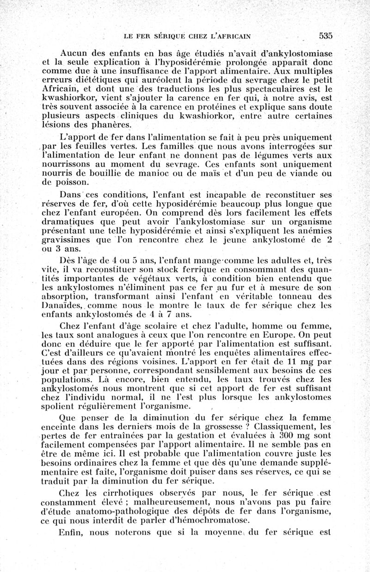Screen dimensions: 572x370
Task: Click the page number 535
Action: pos(326,36)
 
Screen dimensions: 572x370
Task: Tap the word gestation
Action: pos(179,436)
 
